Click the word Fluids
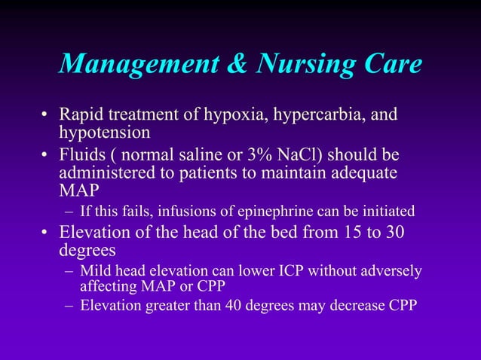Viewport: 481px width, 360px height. click(81, 155)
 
